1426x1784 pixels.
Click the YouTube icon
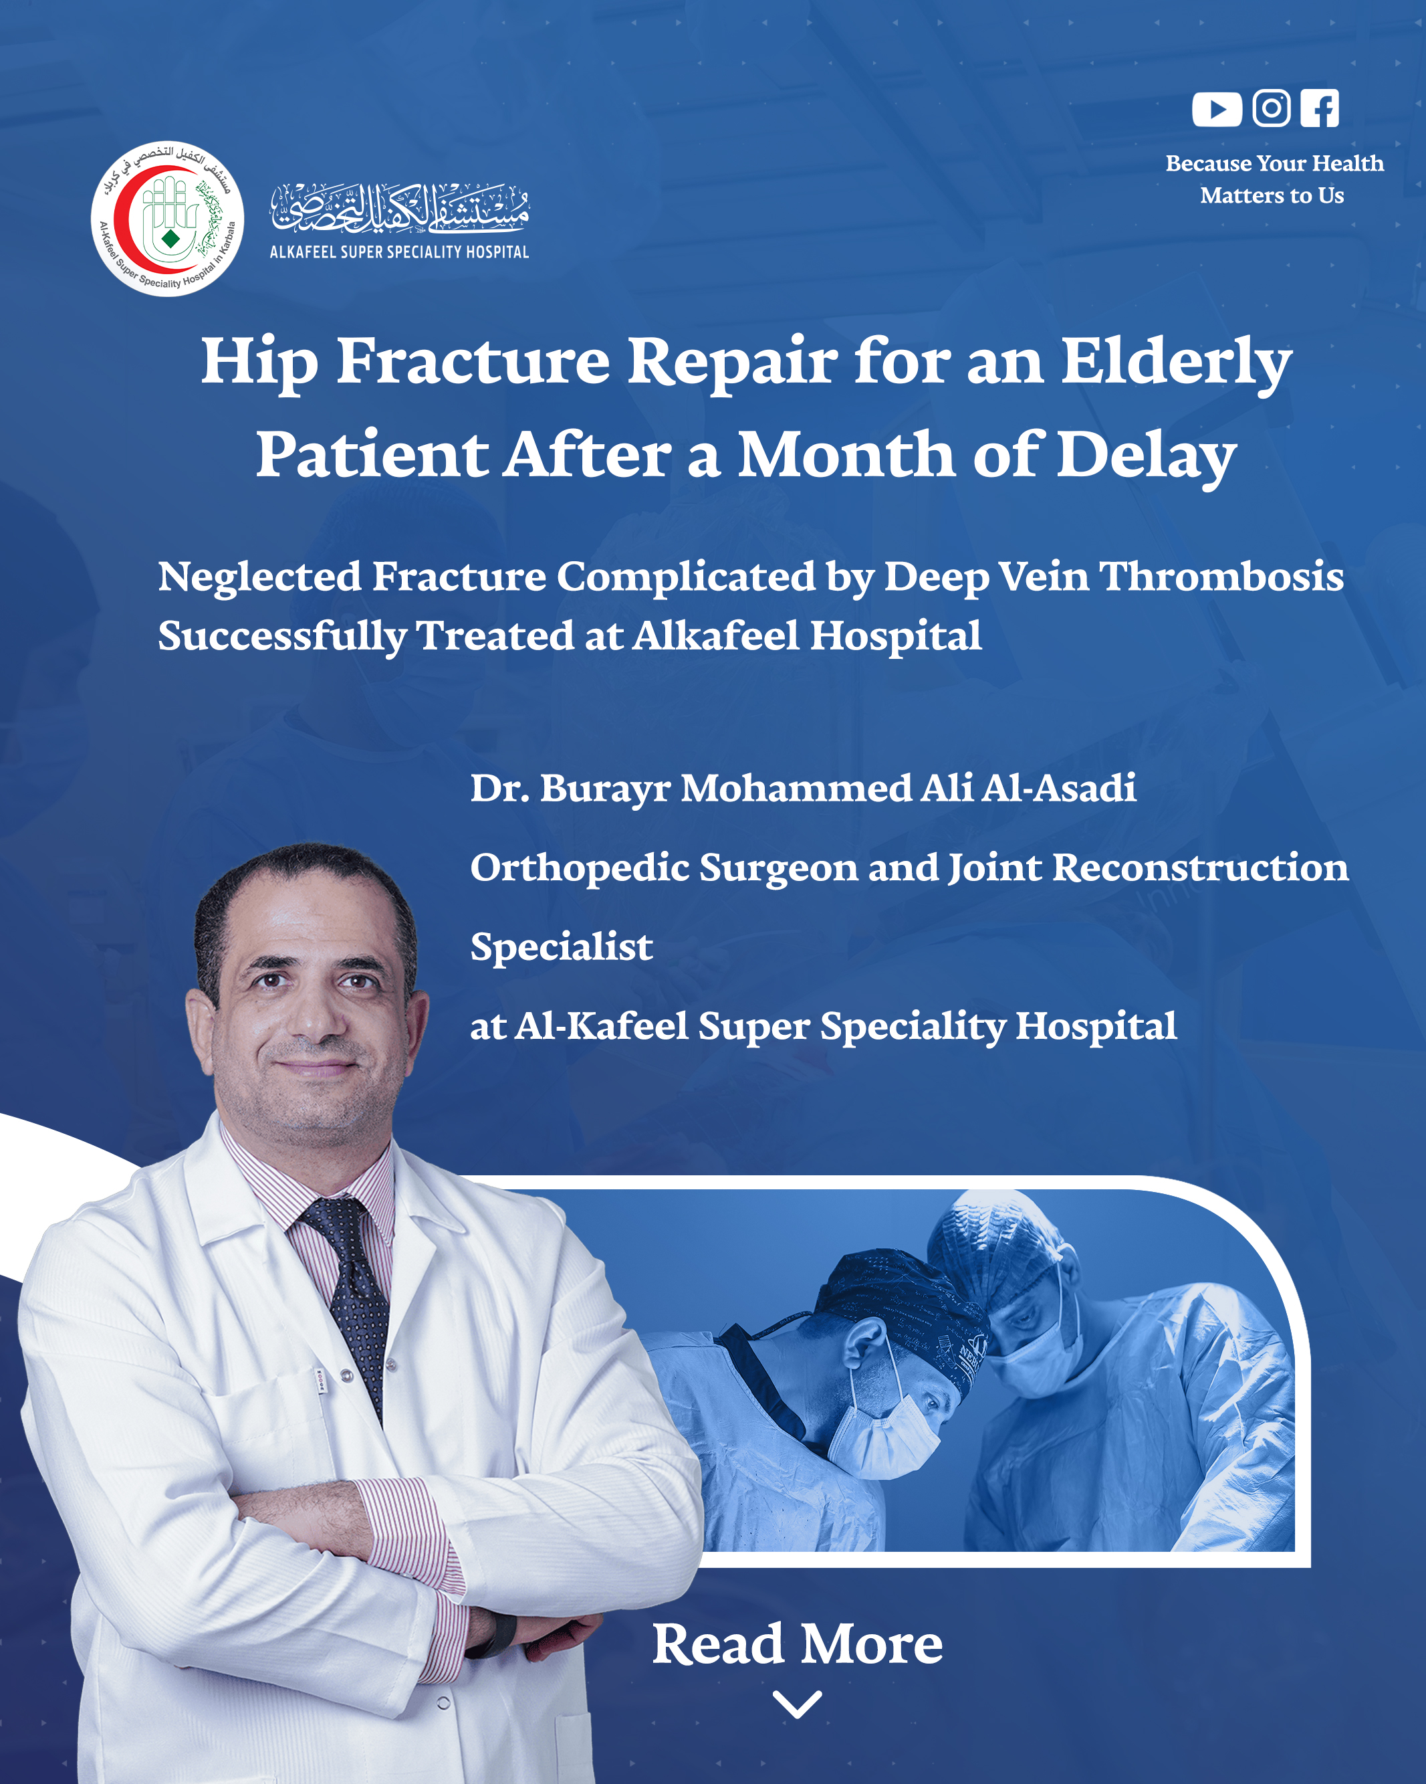pyautogui.click(x=1217, y=108)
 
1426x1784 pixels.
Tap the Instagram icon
pyautogui.click(x=1272, y=108)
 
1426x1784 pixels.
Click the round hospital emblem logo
pyautogui.click(x=167, y=219)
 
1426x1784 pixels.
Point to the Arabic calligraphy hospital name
pyautogui.click(x=400, y=207)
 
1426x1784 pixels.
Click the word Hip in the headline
pyautogui.click(x=259, y=363)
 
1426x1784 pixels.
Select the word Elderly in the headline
pyautogui.click(x=1176, y=363)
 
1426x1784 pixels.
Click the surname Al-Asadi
pyautogui.click(x=1059, y=788)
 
